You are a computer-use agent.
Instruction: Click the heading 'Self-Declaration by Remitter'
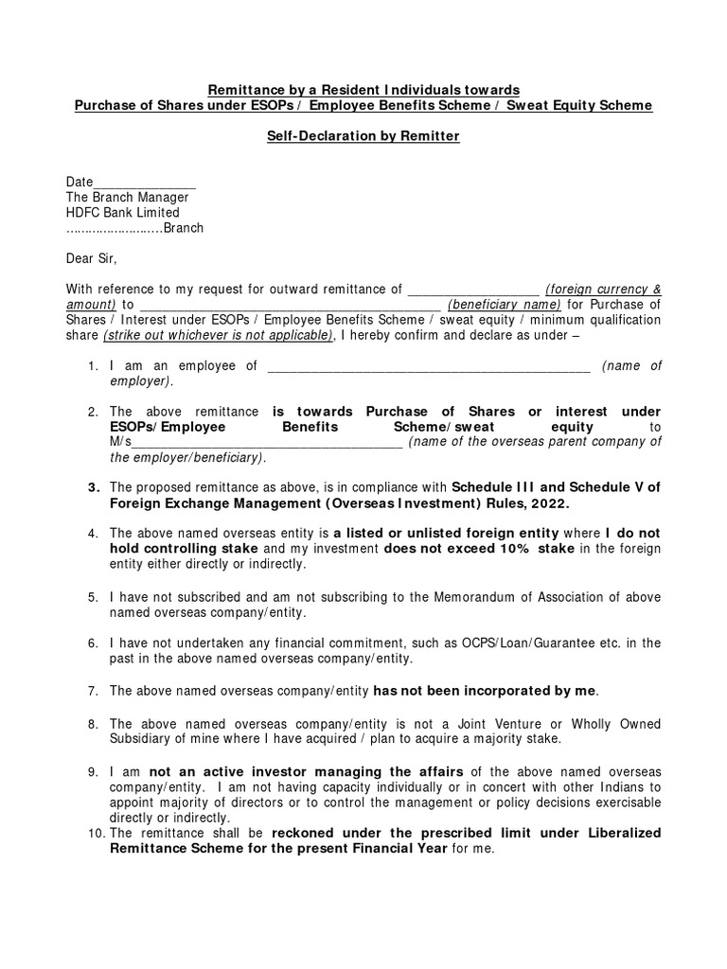click(363, 136)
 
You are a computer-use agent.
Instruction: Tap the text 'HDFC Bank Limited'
click(122, 213)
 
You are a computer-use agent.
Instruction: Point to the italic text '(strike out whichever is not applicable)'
click(218, 335)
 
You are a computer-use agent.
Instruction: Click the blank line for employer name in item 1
click(429, 367)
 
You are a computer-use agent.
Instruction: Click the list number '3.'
click(94, 487)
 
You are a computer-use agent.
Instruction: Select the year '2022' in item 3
click(550, 503)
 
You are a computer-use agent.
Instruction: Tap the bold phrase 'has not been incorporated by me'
click(486, 690)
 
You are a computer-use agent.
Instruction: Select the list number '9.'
click(94, 771)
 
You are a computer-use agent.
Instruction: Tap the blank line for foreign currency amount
click(471, 290)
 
